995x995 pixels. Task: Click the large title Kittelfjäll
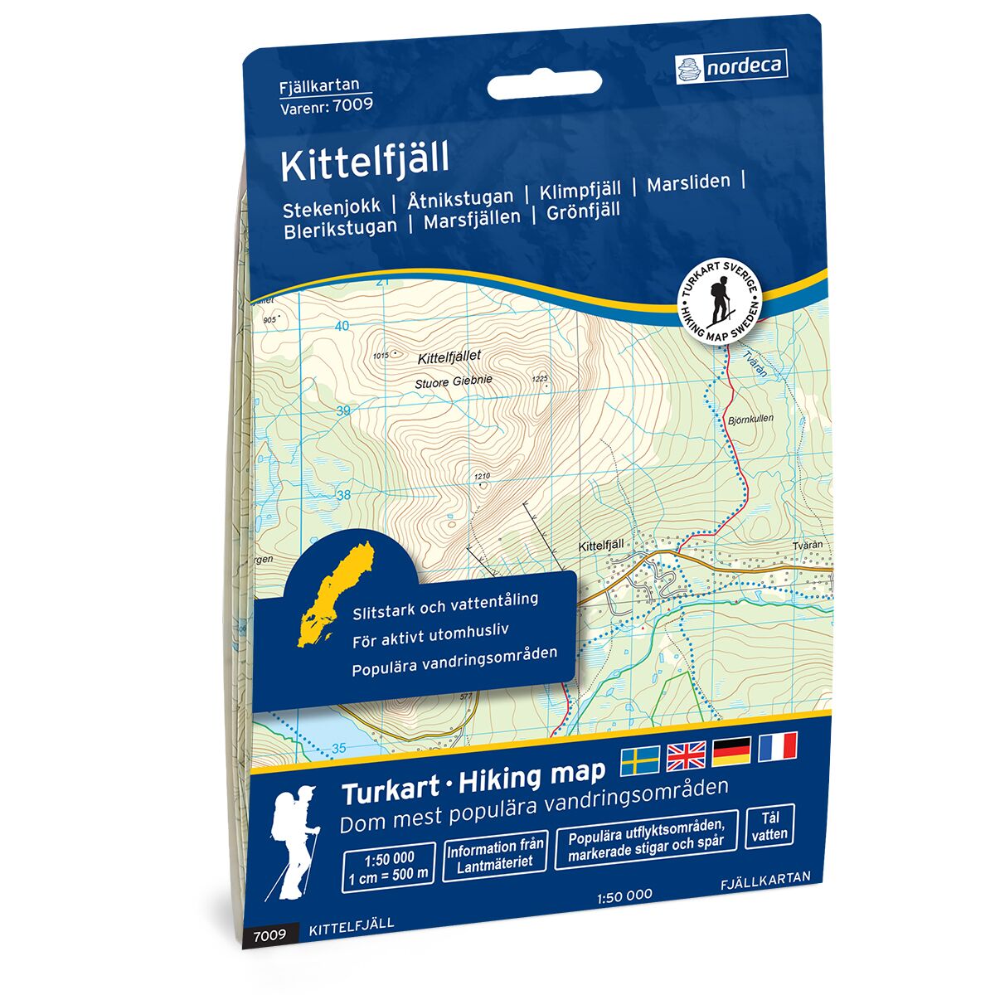pos(364,162)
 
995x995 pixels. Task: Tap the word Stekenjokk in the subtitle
pos(332,204)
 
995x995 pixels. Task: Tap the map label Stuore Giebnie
pos(454,381)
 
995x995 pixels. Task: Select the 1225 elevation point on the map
pos(540,379)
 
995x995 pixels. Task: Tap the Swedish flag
pos(640,755)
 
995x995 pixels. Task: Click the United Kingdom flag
pos(686,753)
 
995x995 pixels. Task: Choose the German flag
pos(731,750)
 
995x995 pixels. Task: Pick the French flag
pos(777,745)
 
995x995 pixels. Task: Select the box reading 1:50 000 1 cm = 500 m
pos(388,866)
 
